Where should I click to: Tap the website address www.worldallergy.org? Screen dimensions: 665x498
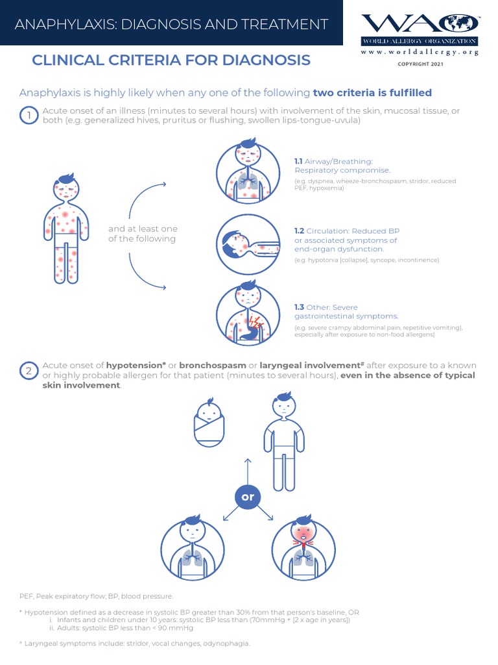tap(420, 52)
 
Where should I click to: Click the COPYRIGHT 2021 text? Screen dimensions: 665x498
tap(420, 64)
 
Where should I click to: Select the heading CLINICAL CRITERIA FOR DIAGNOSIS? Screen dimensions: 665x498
tap(171, 60)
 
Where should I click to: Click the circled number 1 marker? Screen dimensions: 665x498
tap(29, 116)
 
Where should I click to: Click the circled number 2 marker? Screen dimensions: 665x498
tap(29, 371)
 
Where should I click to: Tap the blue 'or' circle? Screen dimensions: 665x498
tap(247, 497)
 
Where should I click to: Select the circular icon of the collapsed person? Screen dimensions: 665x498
tap(247, 244)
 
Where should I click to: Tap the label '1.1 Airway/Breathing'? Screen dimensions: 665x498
tap(333, 161)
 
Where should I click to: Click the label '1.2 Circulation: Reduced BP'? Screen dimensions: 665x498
tap(346, 231)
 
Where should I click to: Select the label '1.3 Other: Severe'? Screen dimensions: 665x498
tap(326, 307)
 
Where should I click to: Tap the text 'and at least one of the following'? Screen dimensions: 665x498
tap(143, 234)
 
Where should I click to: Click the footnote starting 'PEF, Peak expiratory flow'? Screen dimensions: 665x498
tap(97, 596)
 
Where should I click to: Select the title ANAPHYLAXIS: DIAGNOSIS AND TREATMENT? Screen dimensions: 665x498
tap(171, 25)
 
